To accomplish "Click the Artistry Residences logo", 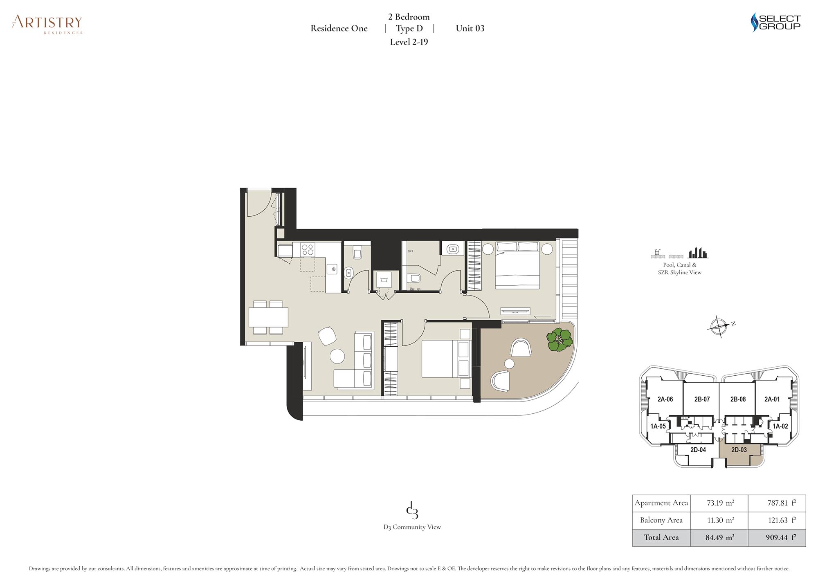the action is coord(47,24).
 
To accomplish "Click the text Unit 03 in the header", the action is coord(470,28).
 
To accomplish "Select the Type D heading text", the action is coord(409,28).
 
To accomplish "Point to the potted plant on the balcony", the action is coord(560,340).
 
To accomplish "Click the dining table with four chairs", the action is coord(268,317).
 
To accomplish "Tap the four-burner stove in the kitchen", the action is coord(307,249).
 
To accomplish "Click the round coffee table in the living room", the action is coord(337,356).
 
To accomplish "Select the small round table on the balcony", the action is coord(509,363).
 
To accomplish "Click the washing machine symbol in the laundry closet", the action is coord(384,280).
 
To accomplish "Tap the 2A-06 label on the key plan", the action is coord(665,399).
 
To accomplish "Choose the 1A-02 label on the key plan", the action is coord(780,426).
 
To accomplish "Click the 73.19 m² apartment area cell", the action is coord(720,503).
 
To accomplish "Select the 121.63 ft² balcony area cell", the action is coord(778,520).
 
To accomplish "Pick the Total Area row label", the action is coord(661,538).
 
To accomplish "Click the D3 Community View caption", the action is coord(412,527).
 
